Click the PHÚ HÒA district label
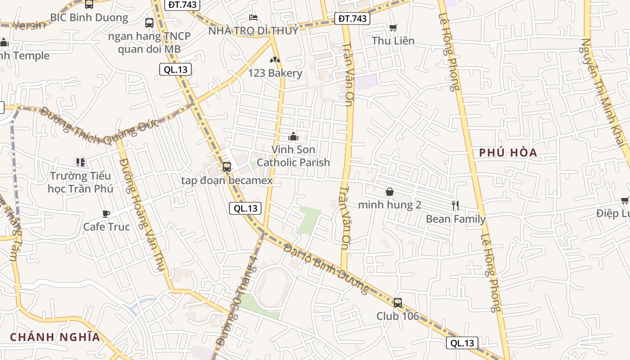(508, 153)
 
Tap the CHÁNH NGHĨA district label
(55, 337)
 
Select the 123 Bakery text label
(275, 73)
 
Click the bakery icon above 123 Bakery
(274, 59)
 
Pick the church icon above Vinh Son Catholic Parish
(293, 135)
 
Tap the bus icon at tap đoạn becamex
(227, 167)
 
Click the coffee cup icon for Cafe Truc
(106, 214)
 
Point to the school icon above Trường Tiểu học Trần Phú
(81, 162)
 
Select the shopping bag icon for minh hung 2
(390, 192)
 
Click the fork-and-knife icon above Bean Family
(455, 206)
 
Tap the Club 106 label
(398, 316)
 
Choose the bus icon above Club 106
(398, 302)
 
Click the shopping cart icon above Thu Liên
(393, 27)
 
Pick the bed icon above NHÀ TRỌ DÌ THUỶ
(253, 18)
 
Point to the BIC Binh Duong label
(89, 18)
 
